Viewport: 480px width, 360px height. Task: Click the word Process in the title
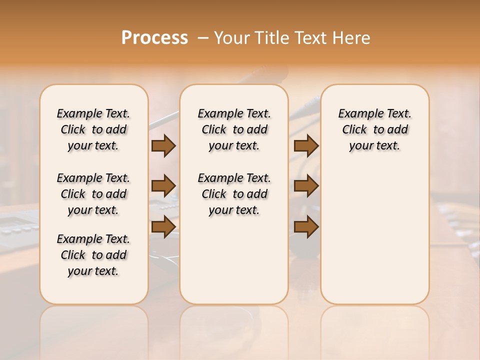coord(154,38)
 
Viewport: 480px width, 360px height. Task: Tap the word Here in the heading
coord(352,38)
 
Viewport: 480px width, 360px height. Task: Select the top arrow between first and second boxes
coord(163,146)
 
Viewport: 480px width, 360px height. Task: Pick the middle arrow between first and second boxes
coord(163,186)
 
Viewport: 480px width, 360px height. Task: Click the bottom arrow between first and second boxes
coord(163,226)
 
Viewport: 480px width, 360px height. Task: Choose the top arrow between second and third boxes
coord(306,146)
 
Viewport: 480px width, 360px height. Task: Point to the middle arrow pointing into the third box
coord(306,186)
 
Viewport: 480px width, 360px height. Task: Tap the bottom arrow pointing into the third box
coord(306,226)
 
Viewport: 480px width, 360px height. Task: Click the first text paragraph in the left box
coord(93,129)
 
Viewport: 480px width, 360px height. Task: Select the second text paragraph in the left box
coord(93,194)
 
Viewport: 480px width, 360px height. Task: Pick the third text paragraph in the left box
coord(93,255)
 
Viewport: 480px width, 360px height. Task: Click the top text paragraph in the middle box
coord(234,129)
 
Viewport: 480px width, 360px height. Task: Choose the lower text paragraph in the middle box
coord(234,194)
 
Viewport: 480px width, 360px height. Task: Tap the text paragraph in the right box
coord(375,129)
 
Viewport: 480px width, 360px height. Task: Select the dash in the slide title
coord(203,38)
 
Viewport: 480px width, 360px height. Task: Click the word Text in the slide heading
coord(309,38)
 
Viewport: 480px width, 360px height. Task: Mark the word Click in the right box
coord(354,130)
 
